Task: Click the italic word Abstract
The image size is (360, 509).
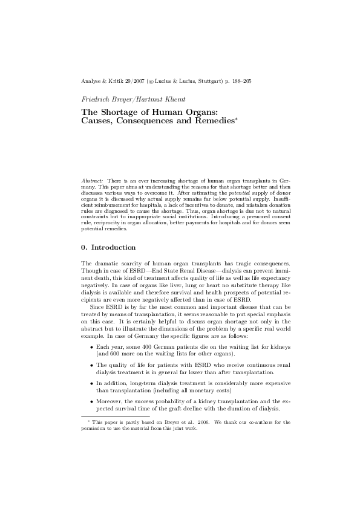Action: [x=93, y=181]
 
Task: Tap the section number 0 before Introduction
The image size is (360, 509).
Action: [x=83, y=247]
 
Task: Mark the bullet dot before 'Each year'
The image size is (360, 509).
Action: [x=91, y=349]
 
